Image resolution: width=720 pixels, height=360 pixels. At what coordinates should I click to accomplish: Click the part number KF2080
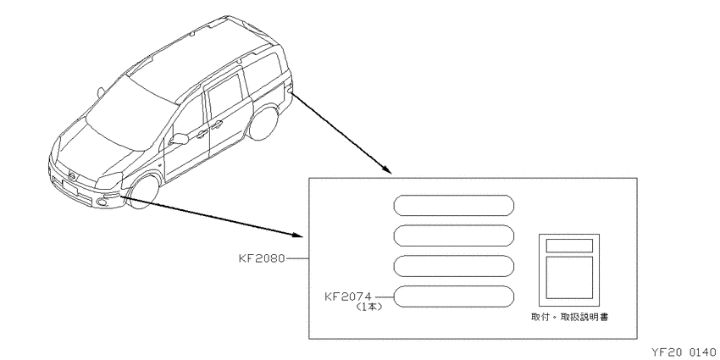(262, 258)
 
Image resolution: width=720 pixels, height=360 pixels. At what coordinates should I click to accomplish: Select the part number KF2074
(348, 296)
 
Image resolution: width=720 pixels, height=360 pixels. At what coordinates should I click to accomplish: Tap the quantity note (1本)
(369, 307)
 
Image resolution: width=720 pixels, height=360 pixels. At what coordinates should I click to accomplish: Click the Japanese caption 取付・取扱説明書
(569, 318)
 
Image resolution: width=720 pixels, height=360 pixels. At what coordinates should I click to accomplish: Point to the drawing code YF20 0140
(684, 352)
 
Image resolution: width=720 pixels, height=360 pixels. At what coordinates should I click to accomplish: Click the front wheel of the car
(143, 192)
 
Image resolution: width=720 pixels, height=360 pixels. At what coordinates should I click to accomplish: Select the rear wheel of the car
(263, 123)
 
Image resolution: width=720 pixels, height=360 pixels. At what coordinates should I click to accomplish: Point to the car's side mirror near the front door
(179, 139)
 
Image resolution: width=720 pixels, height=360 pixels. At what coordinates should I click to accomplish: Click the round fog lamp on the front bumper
(102, 202)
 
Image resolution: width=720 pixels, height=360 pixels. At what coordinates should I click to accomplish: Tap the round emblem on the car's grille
(72, 175)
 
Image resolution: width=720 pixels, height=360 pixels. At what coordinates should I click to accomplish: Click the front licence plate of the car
(69, 188)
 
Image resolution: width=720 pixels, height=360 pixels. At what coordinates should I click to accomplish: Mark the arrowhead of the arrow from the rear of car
(387, 170)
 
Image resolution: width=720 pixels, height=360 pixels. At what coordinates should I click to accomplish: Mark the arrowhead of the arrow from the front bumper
(297, 235)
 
